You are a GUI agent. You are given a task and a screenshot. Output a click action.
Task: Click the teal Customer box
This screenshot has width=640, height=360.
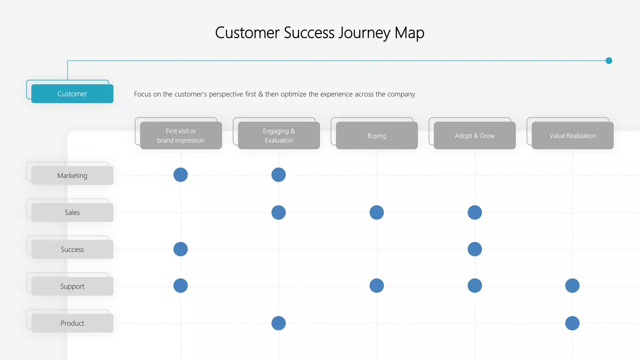pos(72,94)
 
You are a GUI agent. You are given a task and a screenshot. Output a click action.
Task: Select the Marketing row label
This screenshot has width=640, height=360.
pos(72,176)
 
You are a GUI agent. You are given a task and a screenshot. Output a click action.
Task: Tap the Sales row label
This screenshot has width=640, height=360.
pos(72,212)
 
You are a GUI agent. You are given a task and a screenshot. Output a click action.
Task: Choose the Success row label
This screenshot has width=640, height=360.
pos(72,249)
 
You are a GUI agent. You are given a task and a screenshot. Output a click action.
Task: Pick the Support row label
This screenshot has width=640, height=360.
pos(72,286)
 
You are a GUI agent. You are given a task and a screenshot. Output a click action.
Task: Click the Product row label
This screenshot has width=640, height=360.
pos(72,323)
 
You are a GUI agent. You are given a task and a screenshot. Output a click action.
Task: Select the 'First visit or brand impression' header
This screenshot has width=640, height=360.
pos(181,136)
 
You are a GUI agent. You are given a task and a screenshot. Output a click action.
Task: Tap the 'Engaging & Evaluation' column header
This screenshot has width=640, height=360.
pos(279,136)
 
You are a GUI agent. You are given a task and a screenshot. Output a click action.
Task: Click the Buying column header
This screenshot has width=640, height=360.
pos(377,136)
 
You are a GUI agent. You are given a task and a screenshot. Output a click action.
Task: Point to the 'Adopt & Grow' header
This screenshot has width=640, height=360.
pos(475,136)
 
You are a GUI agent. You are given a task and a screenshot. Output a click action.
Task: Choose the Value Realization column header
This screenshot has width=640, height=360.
pos(572,136)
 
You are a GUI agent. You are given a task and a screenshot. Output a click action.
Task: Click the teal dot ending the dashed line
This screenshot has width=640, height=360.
pos(609,61)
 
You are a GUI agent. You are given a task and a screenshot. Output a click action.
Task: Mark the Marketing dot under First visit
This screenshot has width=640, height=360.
pos(181,175)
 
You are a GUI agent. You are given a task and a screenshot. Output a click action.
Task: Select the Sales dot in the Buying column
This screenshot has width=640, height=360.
pos(377,212)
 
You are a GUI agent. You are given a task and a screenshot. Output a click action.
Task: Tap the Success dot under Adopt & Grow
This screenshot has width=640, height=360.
pos(475,249)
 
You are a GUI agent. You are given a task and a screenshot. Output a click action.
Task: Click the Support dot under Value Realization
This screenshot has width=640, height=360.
pos(572,286)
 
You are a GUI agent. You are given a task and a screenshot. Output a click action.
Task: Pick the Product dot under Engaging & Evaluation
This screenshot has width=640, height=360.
pos(278,323)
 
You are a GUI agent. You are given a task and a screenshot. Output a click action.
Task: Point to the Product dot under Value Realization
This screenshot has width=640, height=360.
pos(572,323)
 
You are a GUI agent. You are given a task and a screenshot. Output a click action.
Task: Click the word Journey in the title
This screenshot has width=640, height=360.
pos(364,33)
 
